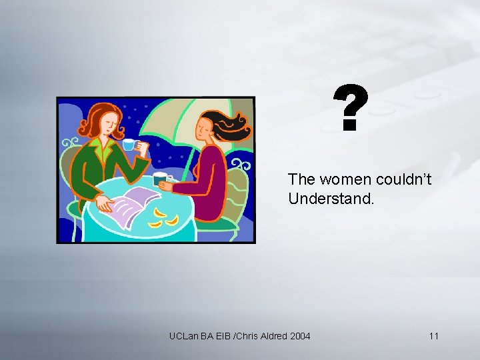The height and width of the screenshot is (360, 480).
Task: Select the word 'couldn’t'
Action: pyautogui.click(x=408, y=180)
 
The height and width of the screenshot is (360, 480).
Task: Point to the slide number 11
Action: pyautogui.click(x=434, y=336)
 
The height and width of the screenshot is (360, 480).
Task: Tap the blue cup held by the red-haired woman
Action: pyautogui.click(x=128, y=145)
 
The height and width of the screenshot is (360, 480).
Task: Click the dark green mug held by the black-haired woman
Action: pyautogui.click(x=160, y=179)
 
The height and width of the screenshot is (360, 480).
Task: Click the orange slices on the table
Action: pyautogui.click(x=163, y=219)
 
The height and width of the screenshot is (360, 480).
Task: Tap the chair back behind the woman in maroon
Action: pyautogui.click(x=235, y=193)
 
